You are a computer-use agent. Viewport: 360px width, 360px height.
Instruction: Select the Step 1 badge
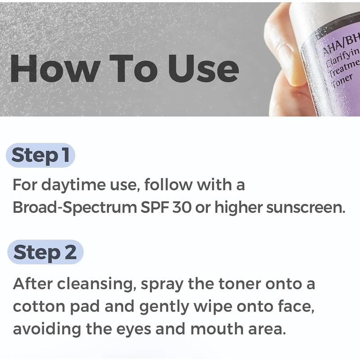click(40, 156)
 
